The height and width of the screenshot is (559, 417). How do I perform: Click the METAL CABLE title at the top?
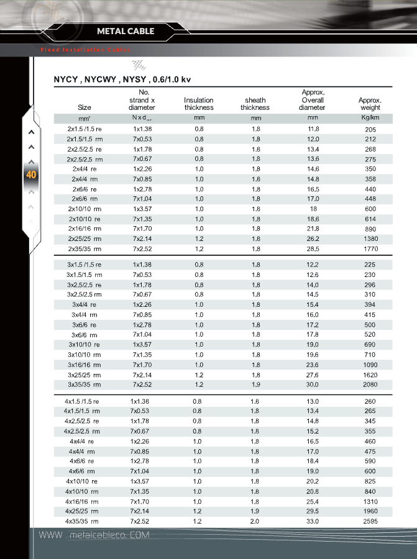126,31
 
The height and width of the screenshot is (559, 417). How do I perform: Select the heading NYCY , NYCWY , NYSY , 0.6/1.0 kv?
122,80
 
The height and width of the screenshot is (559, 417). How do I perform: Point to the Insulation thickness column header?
199,104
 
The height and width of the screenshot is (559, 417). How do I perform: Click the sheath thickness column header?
255,104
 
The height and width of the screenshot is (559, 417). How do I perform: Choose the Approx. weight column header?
370,104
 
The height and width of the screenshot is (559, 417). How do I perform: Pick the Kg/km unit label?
370,117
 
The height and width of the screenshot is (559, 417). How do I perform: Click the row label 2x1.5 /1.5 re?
85,129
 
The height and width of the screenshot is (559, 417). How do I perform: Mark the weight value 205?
370,129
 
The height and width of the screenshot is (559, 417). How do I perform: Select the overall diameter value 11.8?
313,129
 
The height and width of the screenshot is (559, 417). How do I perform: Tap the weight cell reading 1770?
370,249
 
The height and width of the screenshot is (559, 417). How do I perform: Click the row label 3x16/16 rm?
85,365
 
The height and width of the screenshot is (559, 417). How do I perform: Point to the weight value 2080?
370,385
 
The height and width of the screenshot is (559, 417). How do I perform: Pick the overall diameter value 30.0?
313,385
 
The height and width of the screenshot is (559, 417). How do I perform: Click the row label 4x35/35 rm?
82,521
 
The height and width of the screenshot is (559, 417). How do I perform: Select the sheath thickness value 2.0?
255,521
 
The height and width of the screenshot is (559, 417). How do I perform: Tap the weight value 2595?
370,522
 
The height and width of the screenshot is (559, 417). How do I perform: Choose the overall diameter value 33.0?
313,521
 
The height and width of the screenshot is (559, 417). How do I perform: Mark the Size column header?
85,107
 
